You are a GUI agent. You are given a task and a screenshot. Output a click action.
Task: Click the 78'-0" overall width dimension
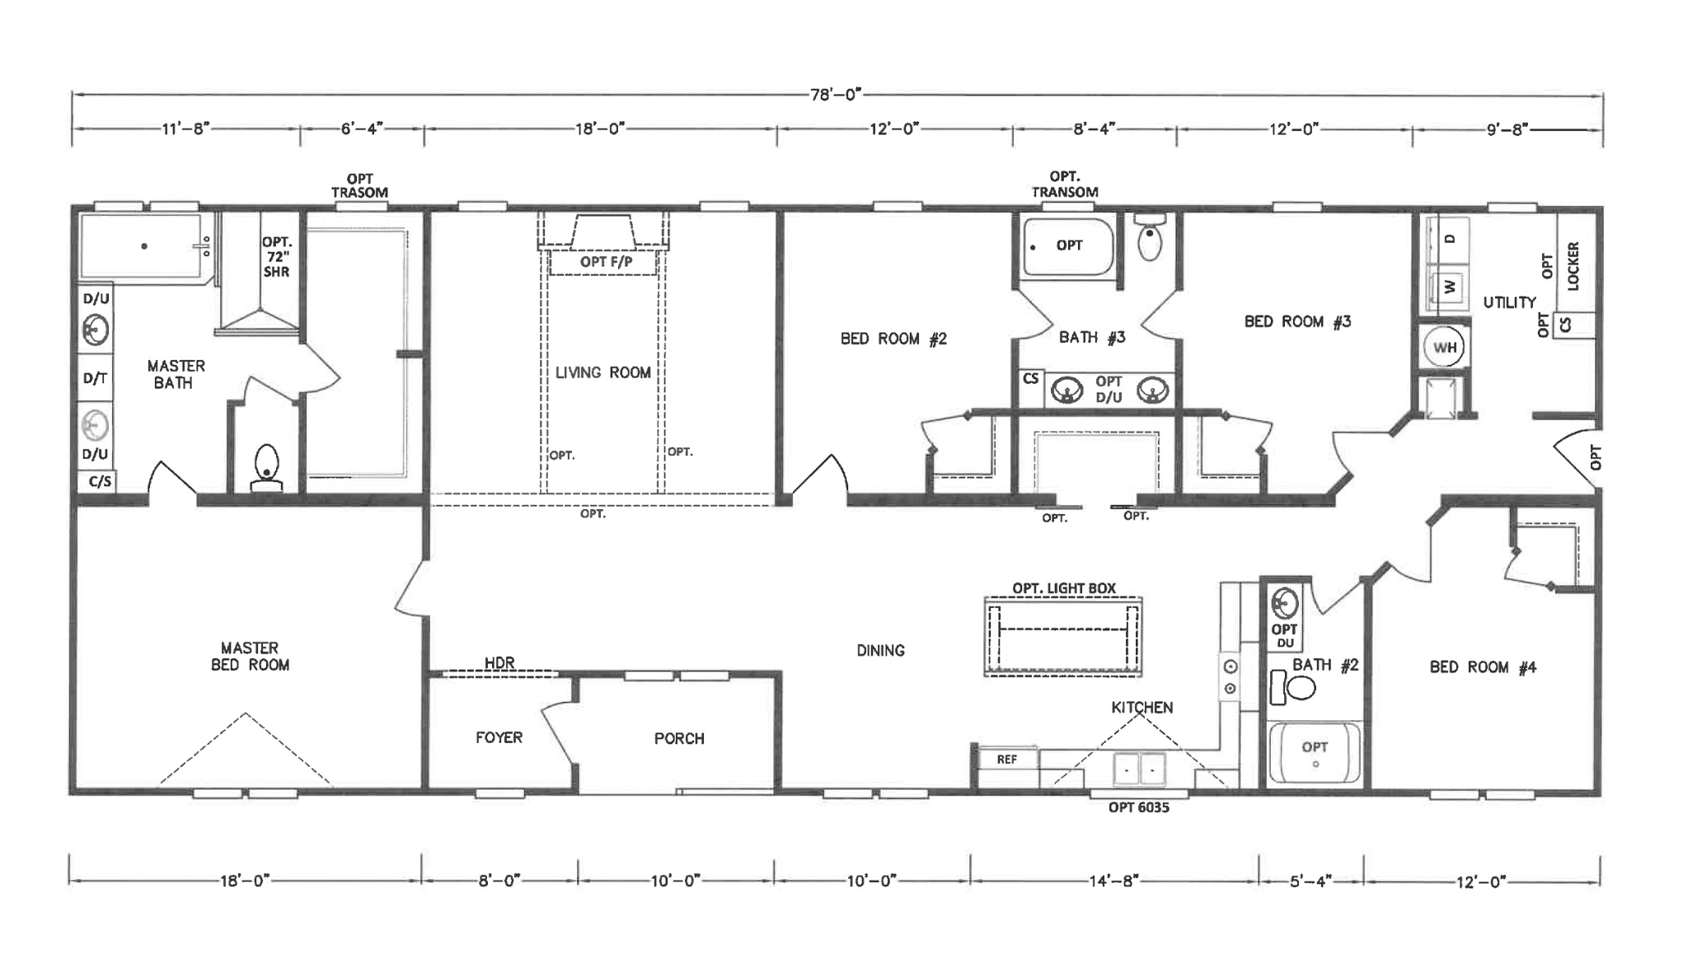(x=835, y=95)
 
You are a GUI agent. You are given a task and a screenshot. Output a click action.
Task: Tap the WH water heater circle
(x=1444, y=347)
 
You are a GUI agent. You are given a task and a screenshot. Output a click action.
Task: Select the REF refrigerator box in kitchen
(x=1006, y=759)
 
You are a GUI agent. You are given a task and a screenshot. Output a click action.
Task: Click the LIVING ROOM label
(x=602, y=372)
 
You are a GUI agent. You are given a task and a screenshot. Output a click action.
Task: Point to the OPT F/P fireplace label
(x=606, y=262)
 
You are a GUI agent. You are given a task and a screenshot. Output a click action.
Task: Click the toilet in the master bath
(x=266, y=466)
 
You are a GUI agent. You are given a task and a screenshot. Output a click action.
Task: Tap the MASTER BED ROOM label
(x=250, y=657)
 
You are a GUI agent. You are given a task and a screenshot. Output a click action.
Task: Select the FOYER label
(x=499, y=737)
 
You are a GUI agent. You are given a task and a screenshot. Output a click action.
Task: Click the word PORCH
(x=679, y=739)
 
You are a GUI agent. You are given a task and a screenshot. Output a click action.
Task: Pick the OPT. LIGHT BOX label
(x=1064, y=588)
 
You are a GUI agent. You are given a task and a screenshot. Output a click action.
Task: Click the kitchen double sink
(x=1140, y=769)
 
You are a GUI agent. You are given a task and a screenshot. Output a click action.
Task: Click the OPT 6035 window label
(x=1138, y=807)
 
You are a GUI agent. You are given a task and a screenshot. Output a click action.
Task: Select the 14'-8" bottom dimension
(x=1114, y=881)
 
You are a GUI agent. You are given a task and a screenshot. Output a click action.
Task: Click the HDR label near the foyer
(x=499, y=662)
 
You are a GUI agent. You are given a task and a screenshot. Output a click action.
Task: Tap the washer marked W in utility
(x=1449, y=288)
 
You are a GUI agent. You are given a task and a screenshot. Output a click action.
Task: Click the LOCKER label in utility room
(x=1573, y=265)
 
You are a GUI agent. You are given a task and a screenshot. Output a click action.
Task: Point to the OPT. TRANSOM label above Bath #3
(x=1065, y=185)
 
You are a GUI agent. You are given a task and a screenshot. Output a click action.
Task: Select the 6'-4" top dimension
(x=362, y=129)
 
